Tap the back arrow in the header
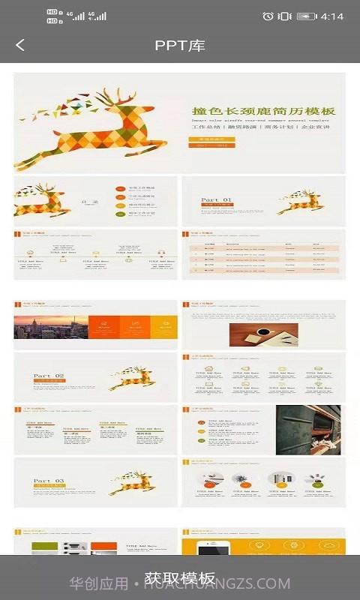tap(19, 45)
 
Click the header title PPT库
tap(180, 45)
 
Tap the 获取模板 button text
tap(180, 578)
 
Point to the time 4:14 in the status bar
tap(331, 16)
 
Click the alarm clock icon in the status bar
tap(268, 16)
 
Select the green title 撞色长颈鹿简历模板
tap(262, 111)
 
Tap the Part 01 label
tap(216, 200)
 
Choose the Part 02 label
tap(49, 376)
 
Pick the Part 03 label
tap(49, 481)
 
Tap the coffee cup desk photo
tap(263, 334)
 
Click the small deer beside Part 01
tap(299, 201)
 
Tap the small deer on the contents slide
tap(43, 200)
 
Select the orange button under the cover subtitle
tap(212, 140)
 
